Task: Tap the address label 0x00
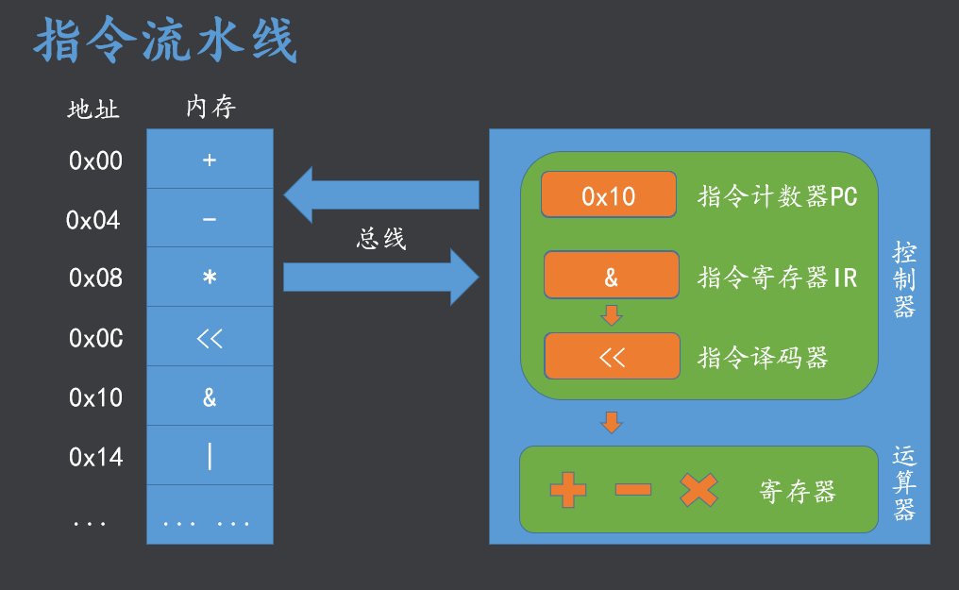95,161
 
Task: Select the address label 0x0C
95,338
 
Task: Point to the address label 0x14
95,458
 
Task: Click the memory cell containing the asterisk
210,278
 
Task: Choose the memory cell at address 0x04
210,219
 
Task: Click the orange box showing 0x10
609,195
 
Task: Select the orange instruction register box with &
611,276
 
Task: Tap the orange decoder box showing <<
612,357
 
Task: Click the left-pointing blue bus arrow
381,194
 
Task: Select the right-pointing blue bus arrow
381,277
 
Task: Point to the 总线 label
381,239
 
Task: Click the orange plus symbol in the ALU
567,490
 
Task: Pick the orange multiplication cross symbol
698,490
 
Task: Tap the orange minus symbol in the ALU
632,490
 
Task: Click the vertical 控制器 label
904,280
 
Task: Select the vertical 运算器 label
904,484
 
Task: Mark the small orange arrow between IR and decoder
612,315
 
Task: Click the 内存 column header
210,108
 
